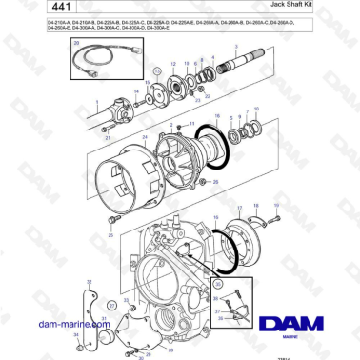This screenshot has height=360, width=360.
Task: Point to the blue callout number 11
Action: tap(190, 124)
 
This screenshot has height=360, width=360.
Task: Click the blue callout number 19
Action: tap(276, 204)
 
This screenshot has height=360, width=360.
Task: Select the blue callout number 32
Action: tap(89, 282)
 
